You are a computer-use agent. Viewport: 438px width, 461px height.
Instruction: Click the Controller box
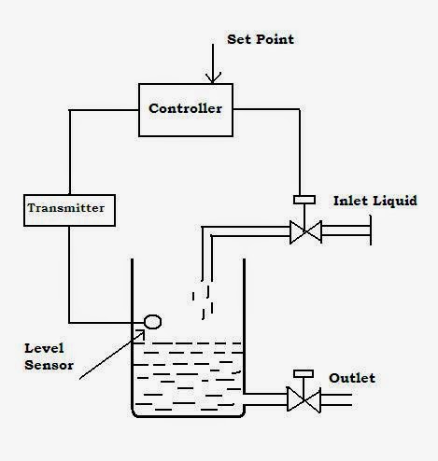pyautogui.click(x=185, y=108)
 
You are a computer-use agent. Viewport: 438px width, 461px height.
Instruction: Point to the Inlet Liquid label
pyautogui.click(x=374, y=201)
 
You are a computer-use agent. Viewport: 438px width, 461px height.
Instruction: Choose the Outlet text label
pyautogui.click(x=352, y=378)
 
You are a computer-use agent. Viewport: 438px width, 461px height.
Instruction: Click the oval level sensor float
pyautogui.click(x=151, y=322)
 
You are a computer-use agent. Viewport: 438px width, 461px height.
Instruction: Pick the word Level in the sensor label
pyautogui.click(x=45, y=348)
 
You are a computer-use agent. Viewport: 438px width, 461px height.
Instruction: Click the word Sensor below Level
pyautogui.click(x=48, y=365)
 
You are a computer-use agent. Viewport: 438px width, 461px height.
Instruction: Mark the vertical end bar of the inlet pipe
pyautogui.click(x=371, y=230)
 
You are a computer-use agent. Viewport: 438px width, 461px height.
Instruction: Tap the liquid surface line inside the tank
pyautogui.click(x=187, y=344)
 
